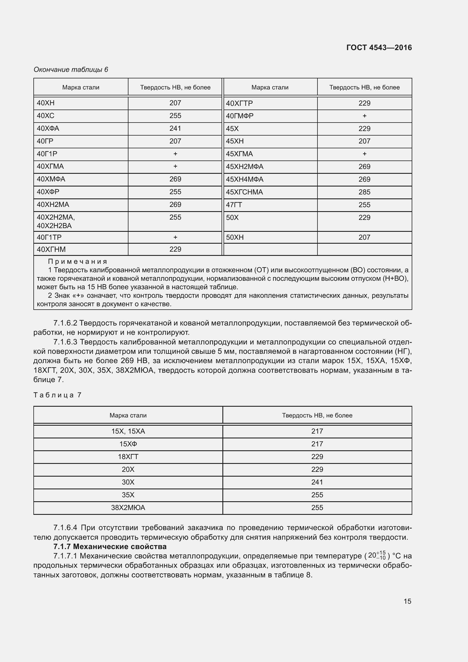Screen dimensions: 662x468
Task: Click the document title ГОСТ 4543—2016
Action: [379, 48]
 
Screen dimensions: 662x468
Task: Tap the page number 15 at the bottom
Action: [407, 601]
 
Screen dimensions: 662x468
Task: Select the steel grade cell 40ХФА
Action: [48, 128]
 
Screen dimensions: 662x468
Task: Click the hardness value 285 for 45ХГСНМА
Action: [364, 192]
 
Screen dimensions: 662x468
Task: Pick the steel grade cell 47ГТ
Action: [234, 205]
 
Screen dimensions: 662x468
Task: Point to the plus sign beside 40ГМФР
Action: [364, 116]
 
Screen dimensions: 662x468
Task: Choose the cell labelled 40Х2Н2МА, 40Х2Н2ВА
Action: [56, 221]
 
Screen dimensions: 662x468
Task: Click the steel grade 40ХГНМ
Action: [51, 249]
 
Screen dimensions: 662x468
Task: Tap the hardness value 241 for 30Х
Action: [317, 482]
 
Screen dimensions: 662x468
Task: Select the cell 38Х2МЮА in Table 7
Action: [128, 507]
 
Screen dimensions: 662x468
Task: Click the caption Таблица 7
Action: [58, 395]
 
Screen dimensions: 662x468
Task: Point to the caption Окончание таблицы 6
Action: [71, 70]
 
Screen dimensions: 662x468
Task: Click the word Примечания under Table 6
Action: [78, 262]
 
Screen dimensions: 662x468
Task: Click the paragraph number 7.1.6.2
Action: [65, 323]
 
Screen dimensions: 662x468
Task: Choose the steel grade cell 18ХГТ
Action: [128, 457]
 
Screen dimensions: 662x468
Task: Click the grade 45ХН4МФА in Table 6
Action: [245, 179]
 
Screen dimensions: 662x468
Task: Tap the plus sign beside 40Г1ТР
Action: [175, 237]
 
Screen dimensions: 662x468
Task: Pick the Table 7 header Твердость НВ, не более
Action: [317, 415]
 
